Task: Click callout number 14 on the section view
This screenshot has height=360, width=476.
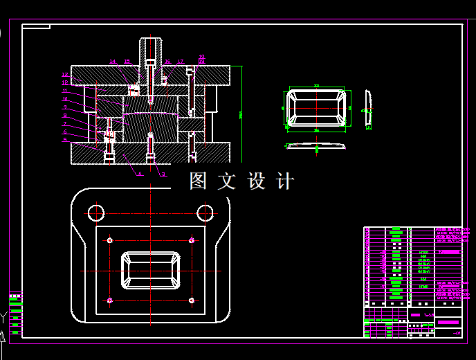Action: pyautogui.click(x=113, y=62)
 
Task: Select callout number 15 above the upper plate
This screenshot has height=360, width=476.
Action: pyautogui.click(x=127, y=62)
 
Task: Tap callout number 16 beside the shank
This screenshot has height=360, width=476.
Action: pyautogui.click(x=167, y=62)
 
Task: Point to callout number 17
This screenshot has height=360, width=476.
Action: pyautogui.click(x=181, y=62)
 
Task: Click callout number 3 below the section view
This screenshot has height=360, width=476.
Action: pyautogui.click(x=163, y=174)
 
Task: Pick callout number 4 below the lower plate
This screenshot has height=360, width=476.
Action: pyautogui.click(x=139, y=174)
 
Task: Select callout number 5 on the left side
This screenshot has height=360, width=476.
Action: pyautogui.click(x=65, y=140)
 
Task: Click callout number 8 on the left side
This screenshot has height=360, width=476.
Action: pyautogui.click(x=65, y=116)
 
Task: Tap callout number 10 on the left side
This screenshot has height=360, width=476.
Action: pyautogui.click(x=65, y=99)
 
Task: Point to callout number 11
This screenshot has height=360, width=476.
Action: pyautogui.click(x=65, y=91)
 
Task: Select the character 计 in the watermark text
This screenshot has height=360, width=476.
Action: pyautogui.click(x=284, y=181)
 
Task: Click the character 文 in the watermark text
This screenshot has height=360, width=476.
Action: pyautogui.click(x=227, y=181)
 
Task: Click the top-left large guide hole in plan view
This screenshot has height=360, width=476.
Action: pyautogui.click(x=95, y=212)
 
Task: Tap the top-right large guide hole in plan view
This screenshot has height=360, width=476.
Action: pyautogui.click(x=205, y=212)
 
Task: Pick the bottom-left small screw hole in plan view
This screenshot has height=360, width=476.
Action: pyautogui.click(x=110, y=300)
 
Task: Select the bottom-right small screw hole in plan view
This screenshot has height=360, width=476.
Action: pyautogui.click(x=191, y=300)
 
